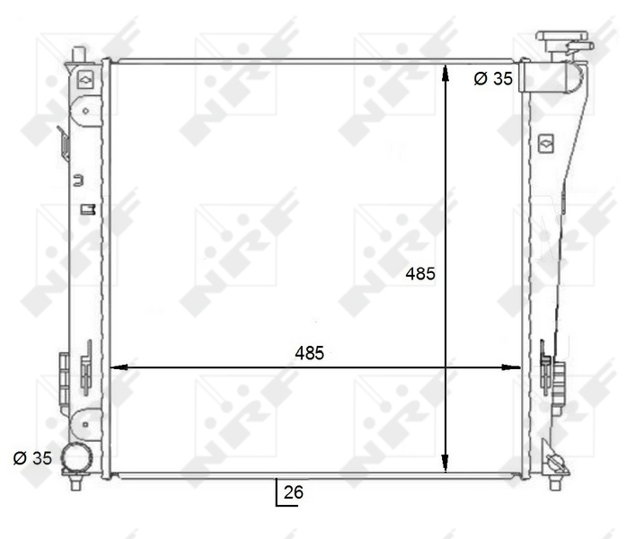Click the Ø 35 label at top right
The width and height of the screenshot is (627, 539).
point(492,79)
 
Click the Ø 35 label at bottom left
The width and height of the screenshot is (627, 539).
point(32,458)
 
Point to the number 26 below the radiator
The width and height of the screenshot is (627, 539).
point(293,492)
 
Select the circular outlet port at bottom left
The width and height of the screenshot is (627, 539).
point(75,459)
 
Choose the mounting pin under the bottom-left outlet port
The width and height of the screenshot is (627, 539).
point(76,484)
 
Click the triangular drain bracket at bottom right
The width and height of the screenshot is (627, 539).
point(556,464)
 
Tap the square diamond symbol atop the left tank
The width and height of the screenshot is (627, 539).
point(84,79)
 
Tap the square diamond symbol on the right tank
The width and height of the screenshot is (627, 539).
point(546,142)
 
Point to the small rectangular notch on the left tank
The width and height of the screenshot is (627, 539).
point(87,209)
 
